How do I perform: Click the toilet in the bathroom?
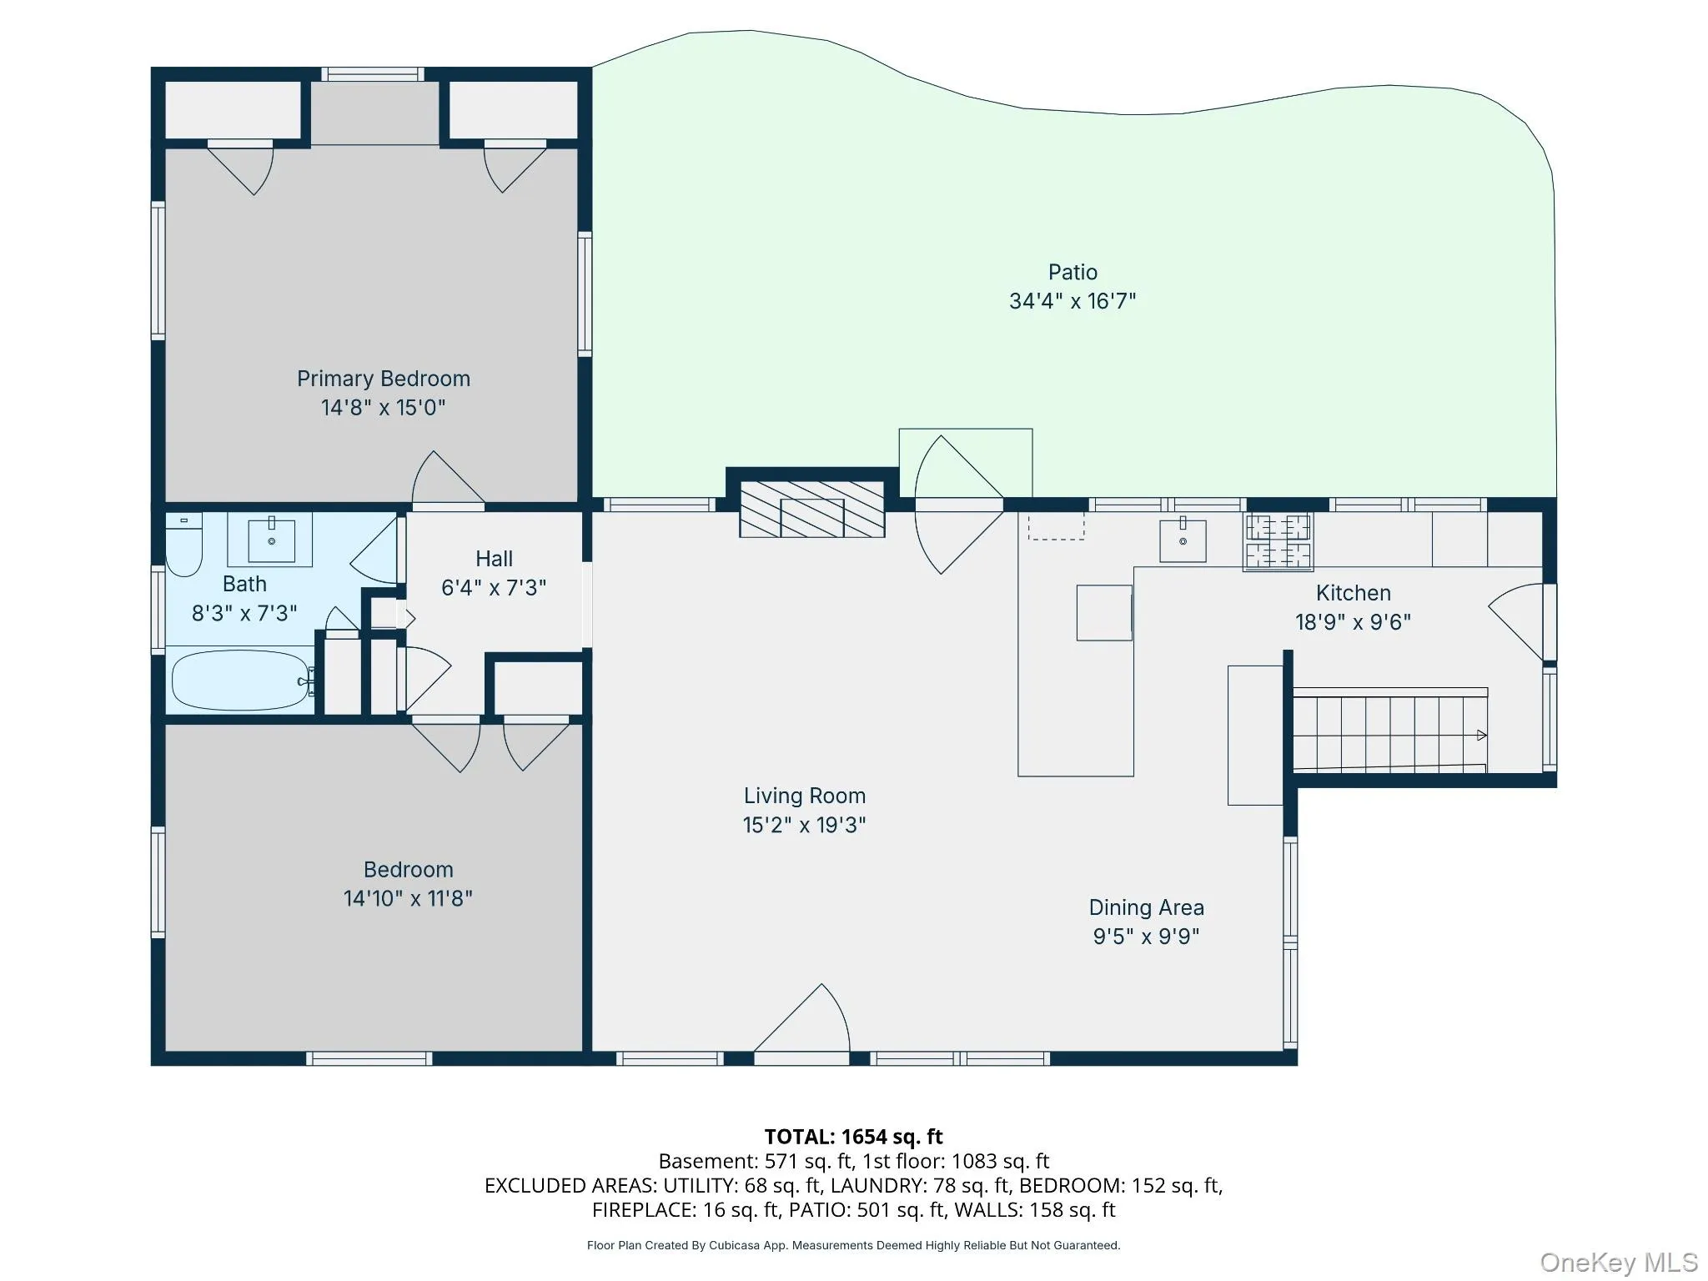pos(183,546)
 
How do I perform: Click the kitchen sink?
pos(1183,540)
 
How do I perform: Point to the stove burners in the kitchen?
pos(1278,542)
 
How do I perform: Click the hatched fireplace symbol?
pos(812,509)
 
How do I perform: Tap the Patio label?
pos(1073,272)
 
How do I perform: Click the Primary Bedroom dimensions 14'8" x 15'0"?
pos(384,408)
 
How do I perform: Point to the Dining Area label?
pos(1146,907)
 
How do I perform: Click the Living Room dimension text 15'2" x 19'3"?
pos(804,825)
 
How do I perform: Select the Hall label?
pos(494,559)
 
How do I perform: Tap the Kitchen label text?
pos(1353,593)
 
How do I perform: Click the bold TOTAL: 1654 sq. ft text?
pos(853,1137)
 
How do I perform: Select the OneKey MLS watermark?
pos(1618,1262)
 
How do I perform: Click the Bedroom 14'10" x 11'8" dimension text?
pos(408,898)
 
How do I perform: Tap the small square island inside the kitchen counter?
pos(1103,613)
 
